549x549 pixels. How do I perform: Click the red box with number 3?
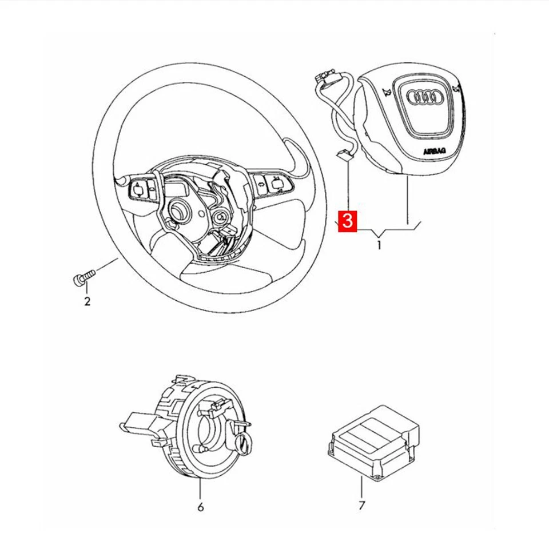(348, 221)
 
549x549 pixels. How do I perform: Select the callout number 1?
(379, 246)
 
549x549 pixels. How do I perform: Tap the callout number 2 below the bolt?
(87, 301)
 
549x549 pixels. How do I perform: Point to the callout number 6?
(200, 507)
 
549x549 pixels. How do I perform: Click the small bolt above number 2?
(82, 279)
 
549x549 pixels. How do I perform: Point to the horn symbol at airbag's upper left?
(387, 93)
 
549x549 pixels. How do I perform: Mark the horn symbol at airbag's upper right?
(456, 87)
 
